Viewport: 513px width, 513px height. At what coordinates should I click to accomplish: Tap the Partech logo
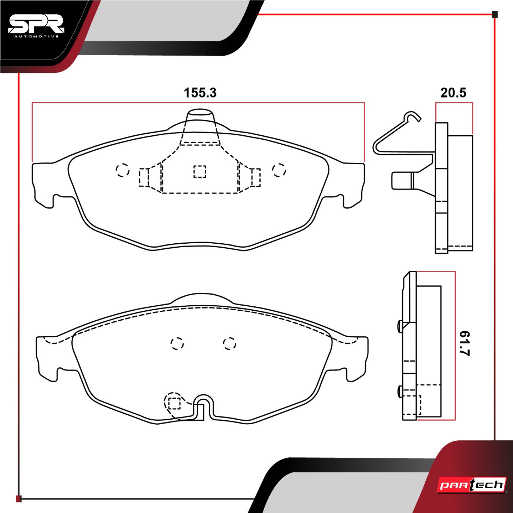pos(473,485)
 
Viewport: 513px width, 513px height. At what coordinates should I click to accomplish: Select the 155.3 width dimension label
pos(200,93)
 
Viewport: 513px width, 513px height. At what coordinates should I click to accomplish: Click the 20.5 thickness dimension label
pos(453,93)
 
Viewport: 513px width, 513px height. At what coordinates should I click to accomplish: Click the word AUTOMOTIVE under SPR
pos(36,36)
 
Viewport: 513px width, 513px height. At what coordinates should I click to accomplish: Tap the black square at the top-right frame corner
pos(494,15)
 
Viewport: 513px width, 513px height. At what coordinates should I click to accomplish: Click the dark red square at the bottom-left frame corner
pos(19,499)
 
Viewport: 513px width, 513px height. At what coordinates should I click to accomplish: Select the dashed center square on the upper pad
pos(200,171)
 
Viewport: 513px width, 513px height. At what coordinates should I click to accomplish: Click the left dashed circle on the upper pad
pos(122,170)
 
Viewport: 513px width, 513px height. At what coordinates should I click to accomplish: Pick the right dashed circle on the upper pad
pos(279,170)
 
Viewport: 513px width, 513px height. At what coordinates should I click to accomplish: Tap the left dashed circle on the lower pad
pos(177,343)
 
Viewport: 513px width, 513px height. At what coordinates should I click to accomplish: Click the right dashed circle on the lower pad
pos(230,343)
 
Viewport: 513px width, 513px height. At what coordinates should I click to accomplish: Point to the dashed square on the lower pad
pos(174,403)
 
